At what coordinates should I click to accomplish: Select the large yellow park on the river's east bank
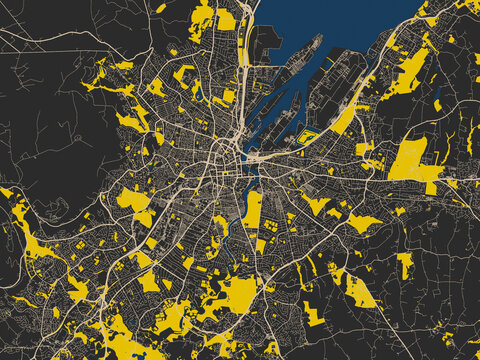(x=253, y=210)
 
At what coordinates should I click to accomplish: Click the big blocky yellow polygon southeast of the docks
(x=412, y=160)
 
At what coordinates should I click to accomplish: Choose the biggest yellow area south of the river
(x=238, y=295)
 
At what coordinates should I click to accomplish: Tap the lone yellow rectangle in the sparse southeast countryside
(x=404, y=264)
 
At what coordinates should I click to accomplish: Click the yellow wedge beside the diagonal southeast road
(x=360, y=290)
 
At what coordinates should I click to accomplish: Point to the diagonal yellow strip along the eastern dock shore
(x=345, y=120)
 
